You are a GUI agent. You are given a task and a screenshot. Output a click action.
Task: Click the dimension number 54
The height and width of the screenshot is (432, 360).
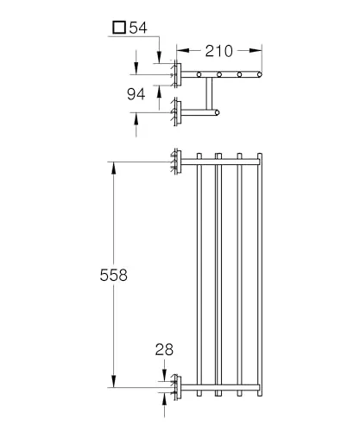click(x=138, y=28)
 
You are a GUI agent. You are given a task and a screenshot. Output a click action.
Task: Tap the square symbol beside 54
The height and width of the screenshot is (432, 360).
click(x=119, y=28)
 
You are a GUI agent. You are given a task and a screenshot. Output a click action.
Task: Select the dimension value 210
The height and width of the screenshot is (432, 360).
click(x=219, y=51)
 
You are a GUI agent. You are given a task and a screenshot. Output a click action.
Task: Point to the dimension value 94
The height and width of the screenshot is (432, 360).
click(x=136, y=94)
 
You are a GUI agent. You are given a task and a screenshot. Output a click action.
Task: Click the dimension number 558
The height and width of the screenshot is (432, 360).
click(x=114, y=275)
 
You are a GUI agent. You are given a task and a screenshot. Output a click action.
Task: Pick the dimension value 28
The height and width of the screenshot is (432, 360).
click(x=164, y=350)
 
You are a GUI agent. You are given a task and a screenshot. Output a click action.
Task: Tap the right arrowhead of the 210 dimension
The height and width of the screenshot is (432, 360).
click(x=256, y=51)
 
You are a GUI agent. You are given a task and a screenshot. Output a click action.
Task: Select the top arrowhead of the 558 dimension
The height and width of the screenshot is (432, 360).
click(x=114, y=168)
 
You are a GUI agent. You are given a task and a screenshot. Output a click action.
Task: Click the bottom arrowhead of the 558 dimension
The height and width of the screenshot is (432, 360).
click(x=114, y=381)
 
